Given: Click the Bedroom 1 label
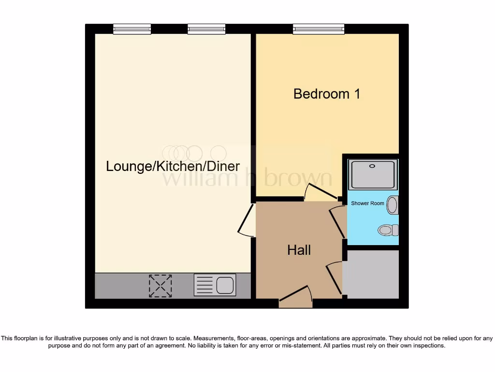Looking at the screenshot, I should click(327, 93).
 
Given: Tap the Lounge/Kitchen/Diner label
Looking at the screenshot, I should click(173, 166).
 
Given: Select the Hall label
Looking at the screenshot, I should click(299, 250).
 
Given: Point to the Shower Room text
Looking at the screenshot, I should click(367, 203).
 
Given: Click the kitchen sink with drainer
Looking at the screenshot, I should click(215, 285).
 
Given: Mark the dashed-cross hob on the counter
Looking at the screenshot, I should click(160, 285).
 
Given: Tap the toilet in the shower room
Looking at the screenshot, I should click(388, 230).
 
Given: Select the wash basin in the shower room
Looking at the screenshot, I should click(393, 205).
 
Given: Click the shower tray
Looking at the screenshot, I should click(373, 174).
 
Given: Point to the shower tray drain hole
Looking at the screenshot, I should click(372, 166).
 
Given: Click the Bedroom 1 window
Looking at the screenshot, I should click(319, 29).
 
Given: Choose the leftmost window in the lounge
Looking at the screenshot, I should click(132, 29).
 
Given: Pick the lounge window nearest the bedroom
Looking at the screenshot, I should click(206, 29).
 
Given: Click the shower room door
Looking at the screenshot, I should click(338, 222).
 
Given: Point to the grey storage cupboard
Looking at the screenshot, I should click(371, 274).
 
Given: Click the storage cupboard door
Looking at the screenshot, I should click(334, 277).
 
